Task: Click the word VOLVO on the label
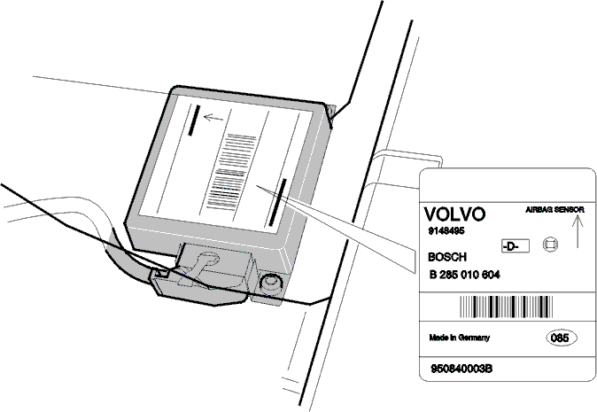point(454,214)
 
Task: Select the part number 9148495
point(446,231)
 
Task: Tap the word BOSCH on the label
point(447,257)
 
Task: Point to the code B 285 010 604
point(464,275)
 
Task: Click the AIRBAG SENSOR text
point(554,210)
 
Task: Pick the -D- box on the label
point(516,246)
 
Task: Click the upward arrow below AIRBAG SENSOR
point(578,231)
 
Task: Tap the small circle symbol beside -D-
point(550,245)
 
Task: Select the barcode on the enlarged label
point(506,307)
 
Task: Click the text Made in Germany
point(459,338)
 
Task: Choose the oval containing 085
point(562,338)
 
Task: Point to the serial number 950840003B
point(461,369)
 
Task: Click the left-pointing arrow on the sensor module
point(213,117)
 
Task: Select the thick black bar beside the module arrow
point(194,120)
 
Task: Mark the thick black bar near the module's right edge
point(277,203)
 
